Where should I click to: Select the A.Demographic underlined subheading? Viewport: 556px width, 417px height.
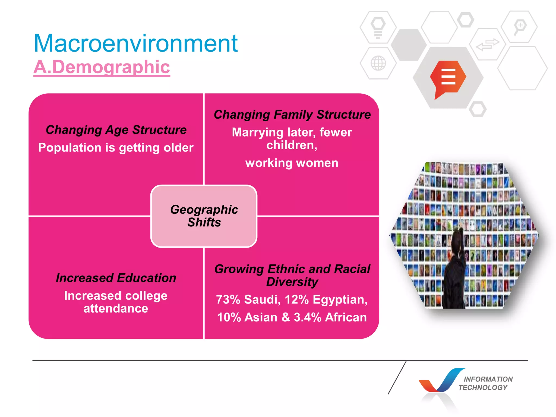[102, 67]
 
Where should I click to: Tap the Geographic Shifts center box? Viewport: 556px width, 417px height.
[204, 216]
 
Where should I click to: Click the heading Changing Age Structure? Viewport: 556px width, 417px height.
[116, 130]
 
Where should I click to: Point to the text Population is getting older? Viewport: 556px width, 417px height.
[116, 148]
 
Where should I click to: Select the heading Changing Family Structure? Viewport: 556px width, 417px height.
[292, 115]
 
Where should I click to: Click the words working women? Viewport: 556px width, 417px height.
[292, 163]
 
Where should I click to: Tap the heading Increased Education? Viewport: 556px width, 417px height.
[116, 278]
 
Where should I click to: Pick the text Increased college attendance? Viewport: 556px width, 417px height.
[116, 302]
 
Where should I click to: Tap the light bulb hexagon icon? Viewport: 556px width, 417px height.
[378, 27]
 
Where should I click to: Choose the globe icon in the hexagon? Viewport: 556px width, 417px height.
[378, 63]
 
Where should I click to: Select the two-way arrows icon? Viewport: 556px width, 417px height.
[488, 45]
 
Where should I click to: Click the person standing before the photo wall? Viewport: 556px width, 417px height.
[456, 271]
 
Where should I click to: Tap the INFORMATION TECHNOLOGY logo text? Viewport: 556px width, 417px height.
[486, 383]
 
